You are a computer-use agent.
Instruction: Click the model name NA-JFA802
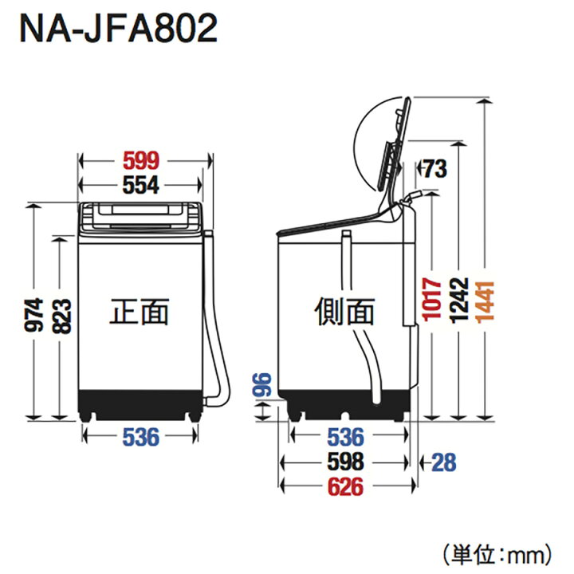(118, 28)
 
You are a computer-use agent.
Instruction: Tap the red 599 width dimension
(141, 160)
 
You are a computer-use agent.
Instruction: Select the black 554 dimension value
(141, 185)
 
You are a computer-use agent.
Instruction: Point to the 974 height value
(34, 315)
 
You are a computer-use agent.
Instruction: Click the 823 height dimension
(61, 316)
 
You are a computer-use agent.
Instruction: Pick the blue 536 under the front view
(141, 437)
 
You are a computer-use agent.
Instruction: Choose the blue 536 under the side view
(345, 437)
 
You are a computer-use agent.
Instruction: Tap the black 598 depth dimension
(345, 462)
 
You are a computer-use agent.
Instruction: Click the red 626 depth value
(345, 486)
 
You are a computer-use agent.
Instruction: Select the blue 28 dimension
(444, 462)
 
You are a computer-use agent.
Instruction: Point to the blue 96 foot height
(262, 385)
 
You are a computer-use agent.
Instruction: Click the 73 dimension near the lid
(435, 169)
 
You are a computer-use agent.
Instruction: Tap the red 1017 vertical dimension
(432, 300)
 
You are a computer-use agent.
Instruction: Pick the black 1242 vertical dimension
(459, 301)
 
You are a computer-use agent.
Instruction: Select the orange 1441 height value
(486, 302)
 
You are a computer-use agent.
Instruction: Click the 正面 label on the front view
(140, 312)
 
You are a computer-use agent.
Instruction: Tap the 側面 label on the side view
(344, 312)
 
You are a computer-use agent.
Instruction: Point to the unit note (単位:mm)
(497, 555)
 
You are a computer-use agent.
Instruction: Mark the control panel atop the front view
(140, 217)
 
